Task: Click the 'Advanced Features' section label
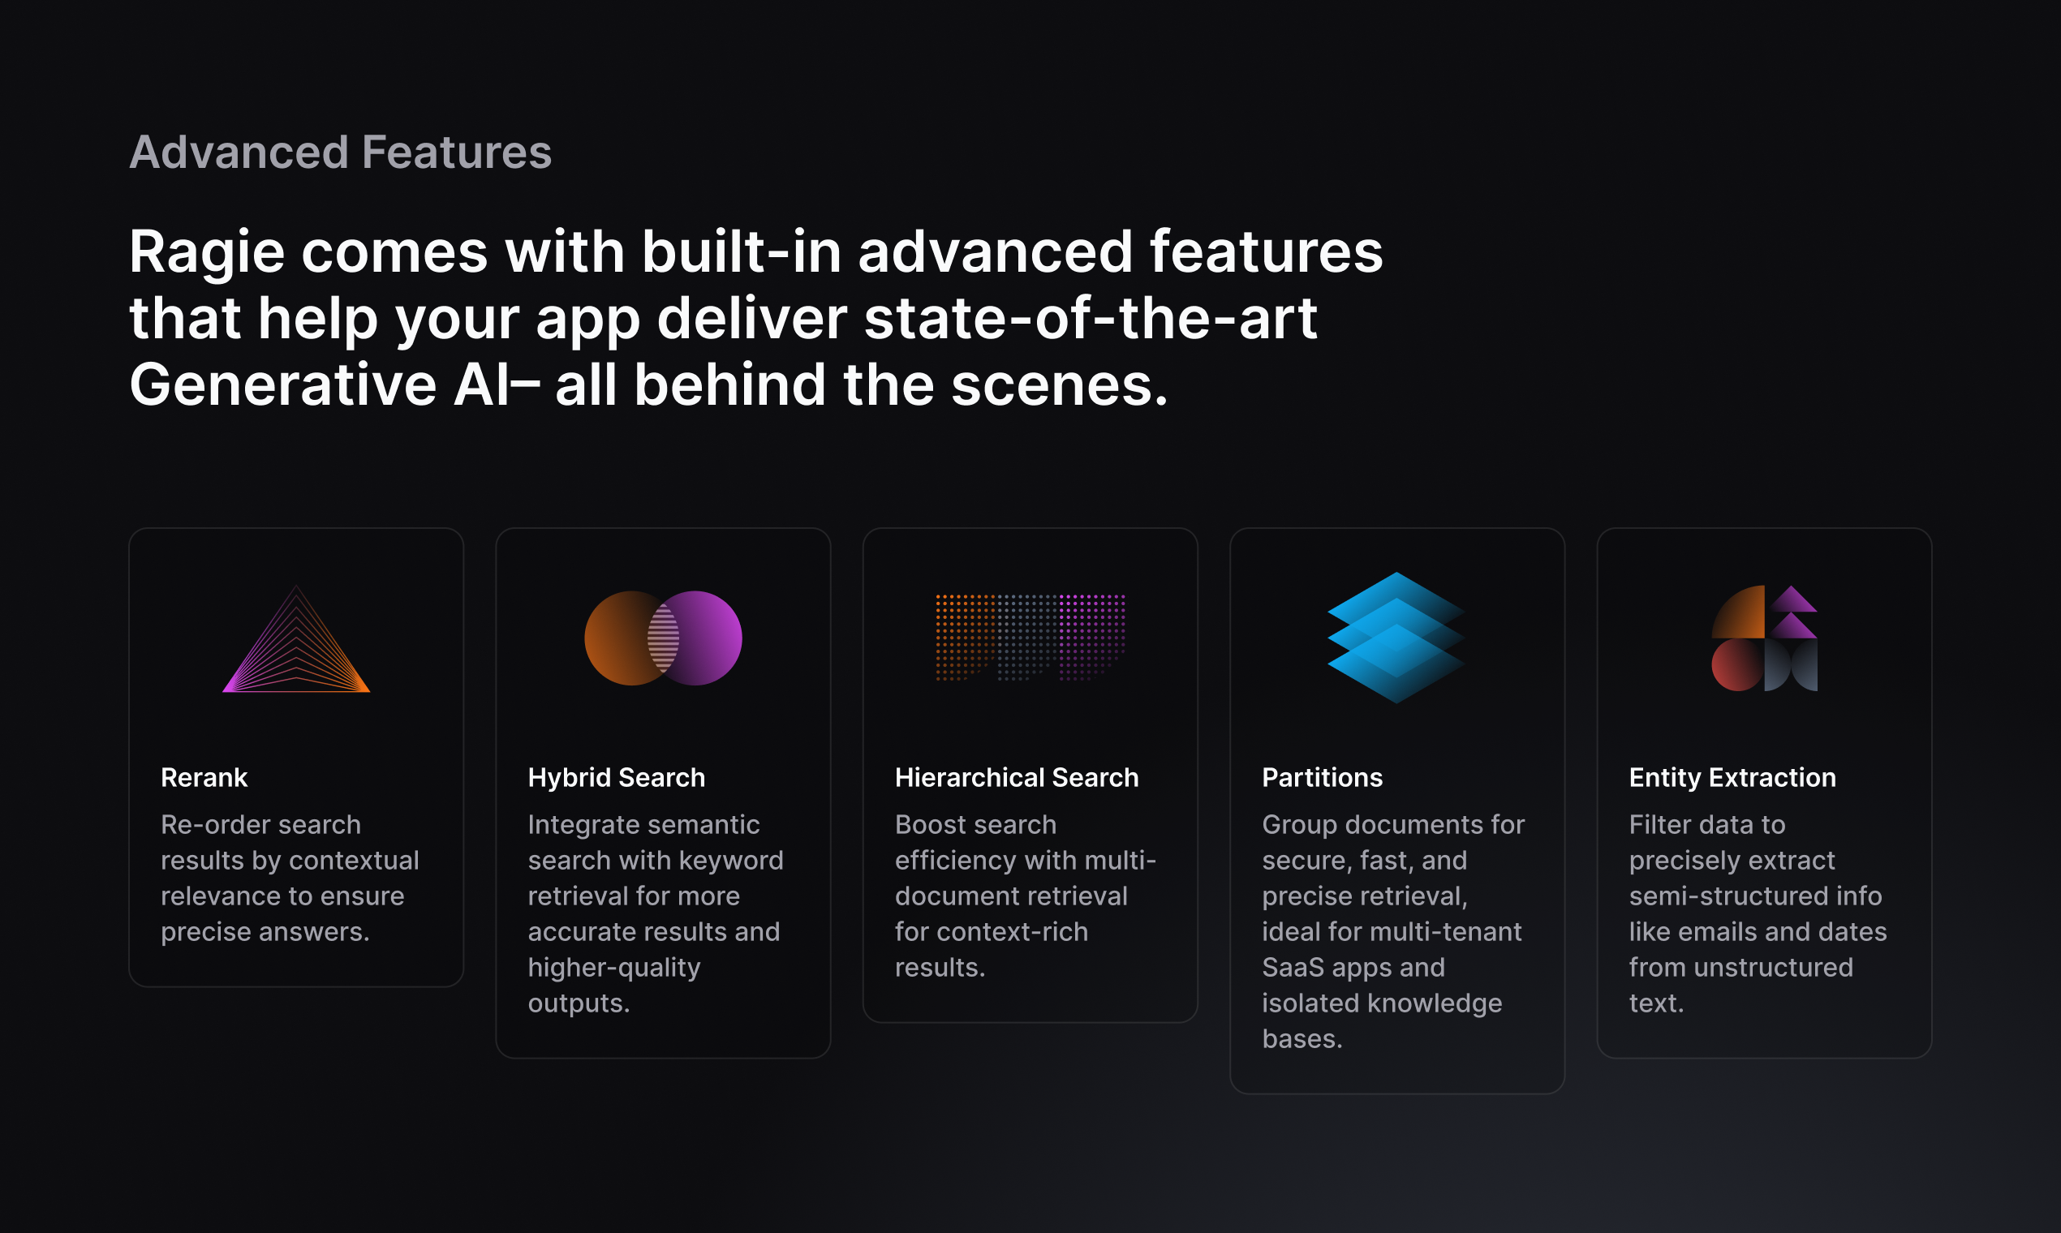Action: (341, 153)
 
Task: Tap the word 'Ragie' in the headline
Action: (207, 253)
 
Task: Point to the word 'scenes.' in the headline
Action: (1060, 385)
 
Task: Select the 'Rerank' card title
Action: (204, 778)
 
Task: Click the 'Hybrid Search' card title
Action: (616, 778)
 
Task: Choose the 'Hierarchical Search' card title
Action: (1017, 778)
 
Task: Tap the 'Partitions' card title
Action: (1322, 778)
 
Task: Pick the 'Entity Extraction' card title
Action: (1732, 778)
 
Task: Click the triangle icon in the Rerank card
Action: (296, 639)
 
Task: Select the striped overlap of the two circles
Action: (663, 638)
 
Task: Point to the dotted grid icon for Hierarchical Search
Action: (1030, 638)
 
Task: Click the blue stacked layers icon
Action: (1396, 638)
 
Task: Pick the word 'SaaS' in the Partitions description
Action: (1293, 967)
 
